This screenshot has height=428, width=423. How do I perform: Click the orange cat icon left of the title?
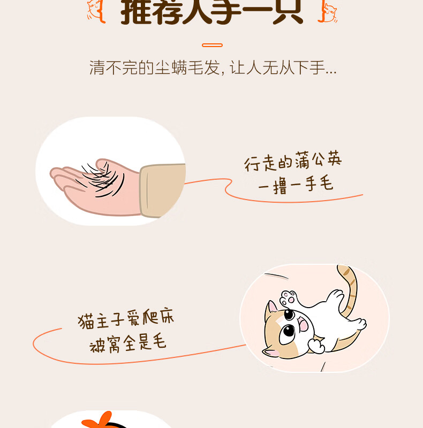pyautogui.click(x=96, y=11)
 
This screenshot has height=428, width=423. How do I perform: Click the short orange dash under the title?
pyautogui.click(x=213, y=45)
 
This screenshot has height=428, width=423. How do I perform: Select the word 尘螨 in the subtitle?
pyautogui.click(x=171, y=67)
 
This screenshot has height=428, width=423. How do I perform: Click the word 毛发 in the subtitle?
pyautogui.click(x=204, y=67)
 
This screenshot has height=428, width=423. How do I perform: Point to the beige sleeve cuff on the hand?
pyautogui.click(x=162, y=190)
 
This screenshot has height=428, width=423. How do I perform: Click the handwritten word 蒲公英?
pyautogui.click(x=319, y=161)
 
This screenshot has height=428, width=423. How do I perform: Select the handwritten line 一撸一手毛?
pyautogui.click(x=296, y=185)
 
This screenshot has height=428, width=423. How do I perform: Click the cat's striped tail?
pyautogui.click(x=349, y=289)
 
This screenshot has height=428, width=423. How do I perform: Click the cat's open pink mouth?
pyautogui.click(x=303, y=324)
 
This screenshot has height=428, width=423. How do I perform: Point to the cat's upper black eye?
pyautogui.click(x=289, y=315)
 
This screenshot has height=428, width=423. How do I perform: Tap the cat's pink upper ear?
pyautogui.click(x=271, y=307)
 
